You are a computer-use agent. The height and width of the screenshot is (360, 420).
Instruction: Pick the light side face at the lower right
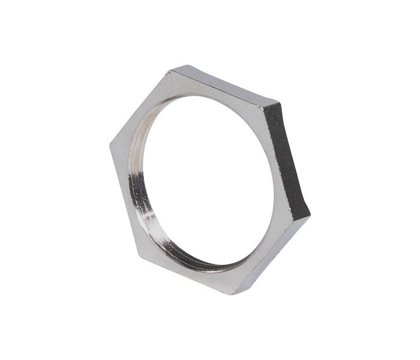[273, 256]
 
